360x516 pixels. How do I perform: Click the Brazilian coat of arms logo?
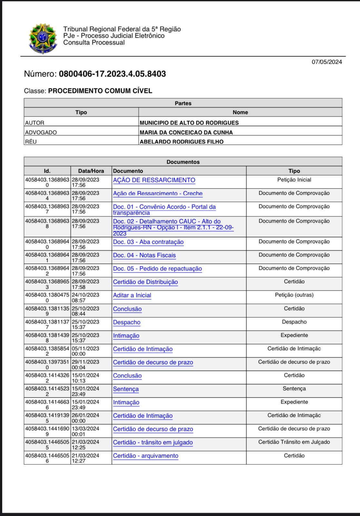pos(43,38)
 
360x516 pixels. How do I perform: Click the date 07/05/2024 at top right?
pos(326,62)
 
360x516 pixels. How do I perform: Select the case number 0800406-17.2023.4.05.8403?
pos(112,74)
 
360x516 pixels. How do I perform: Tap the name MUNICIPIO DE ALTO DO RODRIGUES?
pos(189,123)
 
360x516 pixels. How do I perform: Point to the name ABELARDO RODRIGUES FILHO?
pos(181,141)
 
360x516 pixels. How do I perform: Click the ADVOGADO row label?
pos(41,132)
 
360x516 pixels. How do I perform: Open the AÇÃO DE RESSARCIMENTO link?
pos(154,180)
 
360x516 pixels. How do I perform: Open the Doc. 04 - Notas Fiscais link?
pos(144,255)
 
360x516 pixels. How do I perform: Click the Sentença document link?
pos(126,389)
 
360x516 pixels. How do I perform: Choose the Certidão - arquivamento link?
pos(145,456)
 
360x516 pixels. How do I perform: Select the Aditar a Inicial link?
pos(132,295)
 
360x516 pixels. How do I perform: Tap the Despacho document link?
pos(126,322)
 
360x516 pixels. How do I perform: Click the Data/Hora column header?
pos(91,171)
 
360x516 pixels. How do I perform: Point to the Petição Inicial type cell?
pos(294,180)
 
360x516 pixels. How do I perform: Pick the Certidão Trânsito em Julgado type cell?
pos(294,442)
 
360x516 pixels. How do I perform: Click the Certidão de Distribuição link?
pos(145,282)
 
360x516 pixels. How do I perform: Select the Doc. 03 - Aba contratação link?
pos(148,242)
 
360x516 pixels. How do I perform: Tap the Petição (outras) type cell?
pos(294,295)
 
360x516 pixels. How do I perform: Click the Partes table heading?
pos(183,103)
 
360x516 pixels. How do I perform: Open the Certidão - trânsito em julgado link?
pos(153,443)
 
